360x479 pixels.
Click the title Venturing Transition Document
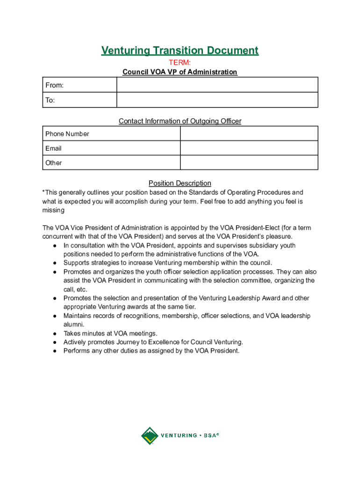(180, 51)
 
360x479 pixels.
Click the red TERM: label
(180, 63)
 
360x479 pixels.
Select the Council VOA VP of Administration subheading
(180, 72)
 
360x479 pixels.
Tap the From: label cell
(79, 85)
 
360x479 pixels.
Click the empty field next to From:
(217, 85)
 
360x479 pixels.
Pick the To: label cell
(79, 100)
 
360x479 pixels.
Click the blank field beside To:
(217, 100)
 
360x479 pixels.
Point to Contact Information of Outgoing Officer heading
(180, 121)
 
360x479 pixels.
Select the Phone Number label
(67, 134)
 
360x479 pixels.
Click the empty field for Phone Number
(249, 134)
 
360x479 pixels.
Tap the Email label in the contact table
(53, 148)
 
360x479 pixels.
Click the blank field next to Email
(249, 148)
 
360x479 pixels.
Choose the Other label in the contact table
(53, 163)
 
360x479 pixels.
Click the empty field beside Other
(249, 163)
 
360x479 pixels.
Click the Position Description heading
(180, 183)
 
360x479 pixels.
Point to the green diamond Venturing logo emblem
(150, 435)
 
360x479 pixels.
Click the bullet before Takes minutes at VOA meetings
(55, 334)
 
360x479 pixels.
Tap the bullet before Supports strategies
(55, 263)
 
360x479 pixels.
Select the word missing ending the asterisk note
(53, 210)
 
